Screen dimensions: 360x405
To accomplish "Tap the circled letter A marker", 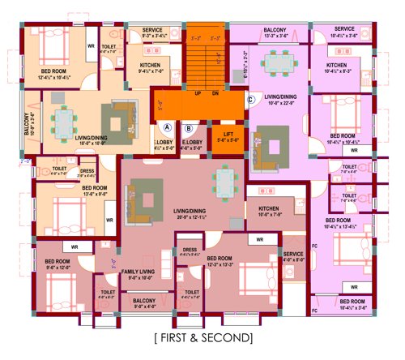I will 168,127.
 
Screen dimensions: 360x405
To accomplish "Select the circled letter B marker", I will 189,127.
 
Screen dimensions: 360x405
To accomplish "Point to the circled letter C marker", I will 251,100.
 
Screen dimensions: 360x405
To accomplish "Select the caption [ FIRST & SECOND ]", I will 202,336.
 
